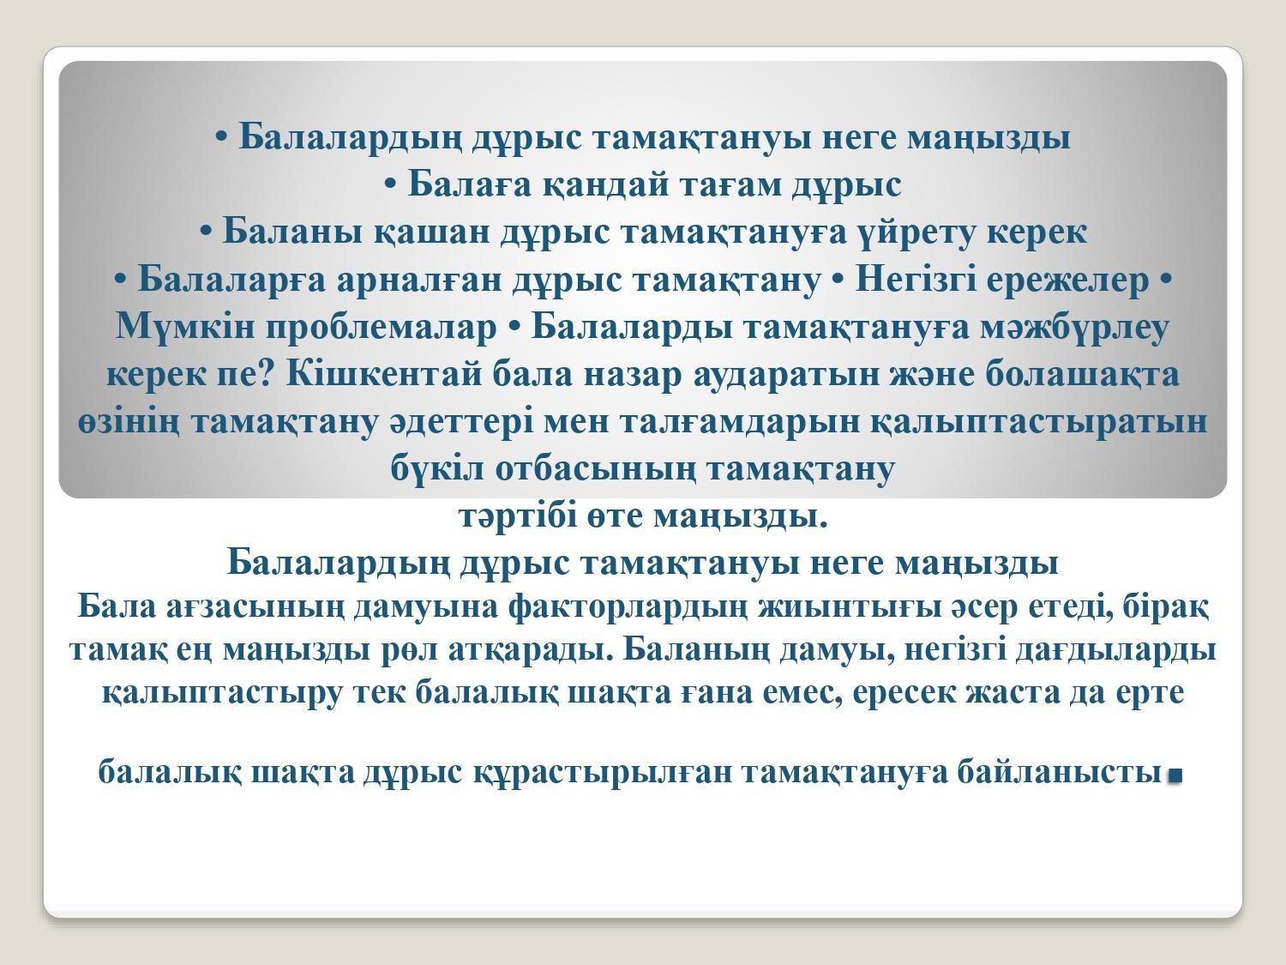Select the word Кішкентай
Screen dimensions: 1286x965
pyautogui.click(x=383, y=374)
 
